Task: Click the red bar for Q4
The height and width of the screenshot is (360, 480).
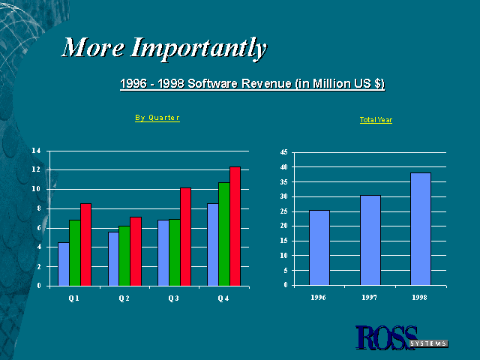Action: point(235,226)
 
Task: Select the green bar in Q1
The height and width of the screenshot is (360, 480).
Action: point(75,253)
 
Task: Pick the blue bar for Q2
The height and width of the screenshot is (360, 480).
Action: point(113,259)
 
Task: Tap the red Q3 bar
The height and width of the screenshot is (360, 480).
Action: point(185,237)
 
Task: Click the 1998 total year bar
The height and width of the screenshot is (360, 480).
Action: point(421,229)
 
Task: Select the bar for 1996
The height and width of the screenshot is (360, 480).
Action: point(319,247)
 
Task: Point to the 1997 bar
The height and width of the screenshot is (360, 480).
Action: point(370,240)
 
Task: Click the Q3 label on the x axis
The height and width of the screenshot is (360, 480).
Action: point(173,298)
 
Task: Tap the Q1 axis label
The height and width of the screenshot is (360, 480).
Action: point(73,298)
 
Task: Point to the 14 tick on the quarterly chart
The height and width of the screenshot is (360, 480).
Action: point(36,151)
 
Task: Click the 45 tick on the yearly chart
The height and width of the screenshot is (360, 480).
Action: point(283,152)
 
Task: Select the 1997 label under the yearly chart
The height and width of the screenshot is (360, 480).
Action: point(369,297)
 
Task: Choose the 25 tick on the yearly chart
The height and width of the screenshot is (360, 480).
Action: point(283,211)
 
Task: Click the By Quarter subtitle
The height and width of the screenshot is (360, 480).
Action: point(157,118)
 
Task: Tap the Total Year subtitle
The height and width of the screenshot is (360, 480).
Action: point(376,120)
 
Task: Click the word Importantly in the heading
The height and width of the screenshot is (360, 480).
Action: point(199,48)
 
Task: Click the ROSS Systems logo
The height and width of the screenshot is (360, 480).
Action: point(402,337)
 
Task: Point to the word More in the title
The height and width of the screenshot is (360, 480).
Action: point(93,47)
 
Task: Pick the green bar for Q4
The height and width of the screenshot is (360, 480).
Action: point(224,234)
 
